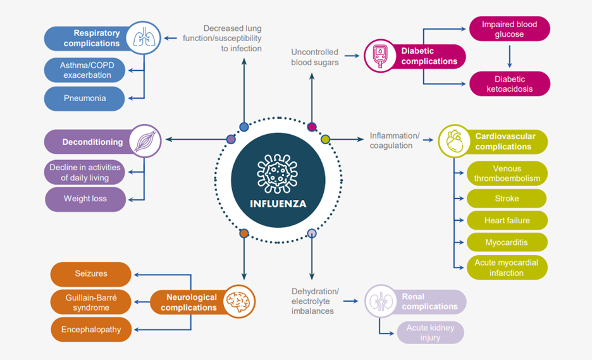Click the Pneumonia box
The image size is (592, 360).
click(84, 99)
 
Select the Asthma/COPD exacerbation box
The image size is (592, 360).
click(84, 70)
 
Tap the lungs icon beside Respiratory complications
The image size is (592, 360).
click(144, 38)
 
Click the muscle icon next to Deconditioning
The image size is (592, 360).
click(145, 142)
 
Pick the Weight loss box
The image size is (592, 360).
click(85, 199)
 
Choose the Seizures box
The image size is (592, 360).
click(90, 274)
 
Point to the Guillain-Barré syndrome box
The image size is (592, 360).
click(90, 302)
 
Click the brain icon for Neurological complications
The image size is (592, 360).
click(238, 302)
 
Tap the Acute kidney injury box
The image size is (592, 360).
click(430, 333)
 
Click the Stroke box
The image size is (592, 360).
click(507, 199)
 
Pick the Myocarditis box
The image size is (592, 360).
click(507, 242)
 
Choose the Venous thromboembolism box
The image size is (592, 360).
click(507, 173)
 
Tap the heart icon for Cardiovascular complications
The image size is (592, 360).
click(455, 142)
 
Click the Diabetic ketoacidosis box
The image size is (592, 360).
click(509, 84)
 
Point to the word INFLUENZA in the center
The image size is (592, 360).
click(278, 204)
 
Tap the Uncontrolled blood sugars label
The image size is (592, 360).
click(314, 57)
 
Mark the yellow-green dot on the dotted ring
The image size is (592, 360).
click(325, 139)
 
